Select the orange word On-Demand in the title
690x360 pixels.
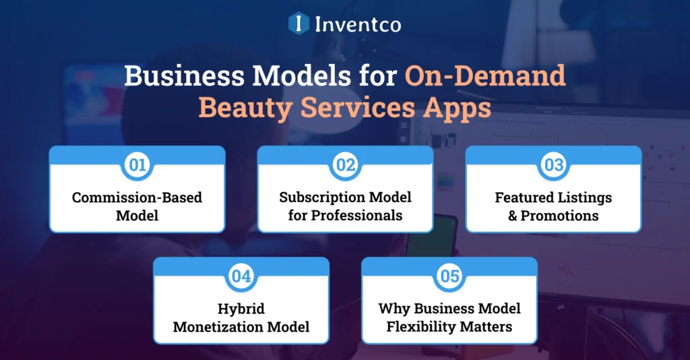click(x=484, y=76)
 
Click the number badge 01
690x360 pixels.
click(x=137, y=166)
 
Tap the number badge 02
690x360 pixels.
click(x=345, y=166)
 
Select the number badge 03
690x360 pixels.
click(x=553, y=166)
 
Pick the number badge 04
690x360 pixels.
click(x=241, y=277)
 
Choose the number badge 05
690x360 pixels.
click(x=449, y=277)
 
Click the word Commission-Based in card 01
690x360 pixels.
click(x=137, y=198)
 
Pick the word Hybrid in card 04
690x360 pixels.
click(x=241, y=309)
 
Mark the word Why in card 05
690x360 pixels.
click(x=392, y=309)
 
